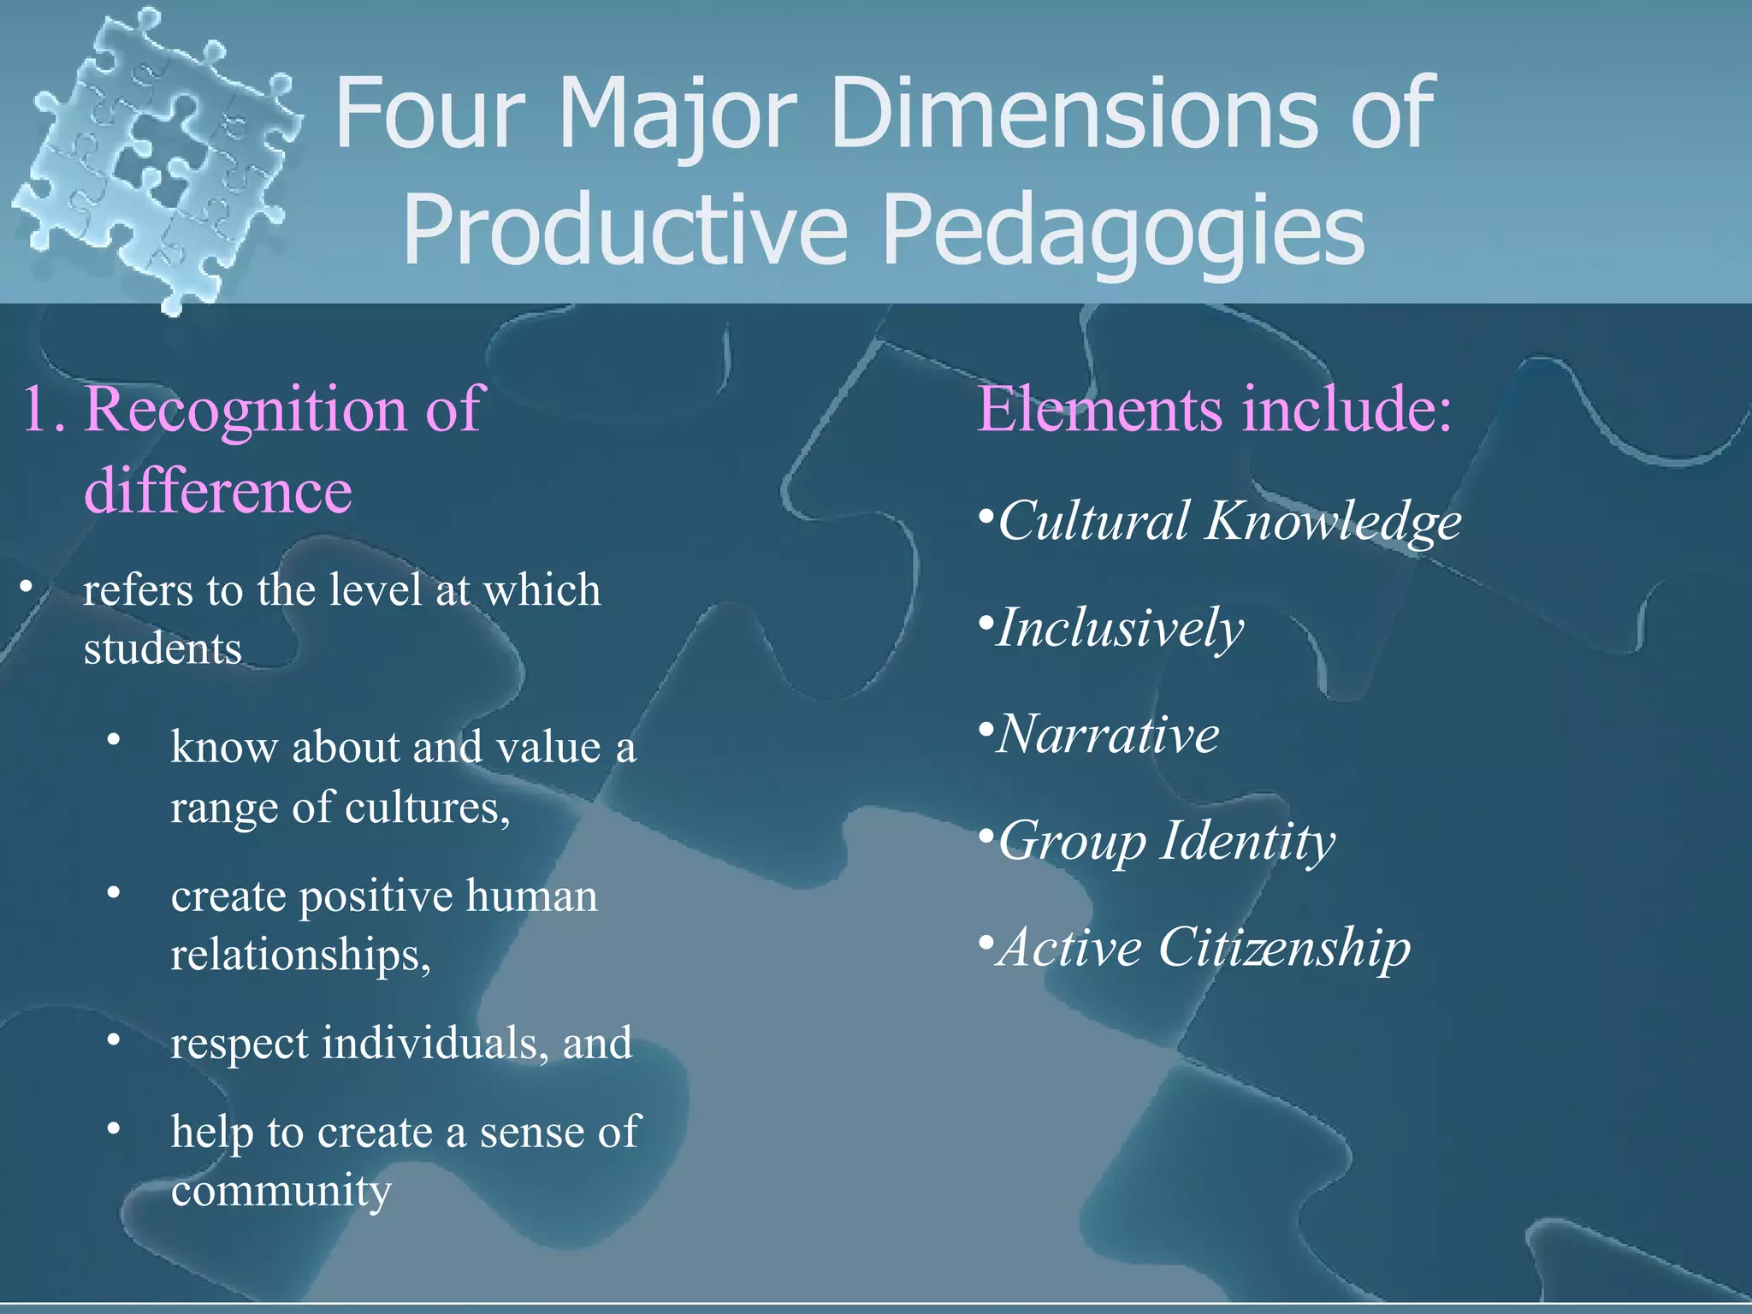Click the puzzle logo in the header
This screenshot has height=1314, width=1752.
click(154, 158)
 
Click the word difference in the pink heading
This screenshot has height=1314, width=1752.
click(218, 491)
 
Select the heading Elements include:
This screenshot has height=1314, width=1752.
click(1214, 409)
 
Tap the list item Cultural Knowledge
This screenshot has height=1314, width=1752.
click(1228, 521)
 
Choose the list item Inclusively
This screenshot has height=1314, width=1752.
click(1120, 628)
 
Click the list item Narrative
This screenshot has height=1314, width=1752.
click(1108, 734)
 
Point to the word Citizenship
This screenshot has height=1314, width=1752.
click(1283, 948)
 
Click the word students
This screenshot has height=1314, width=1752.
click(163, 648)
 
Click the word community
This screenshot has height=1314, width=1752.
click(281, 1190)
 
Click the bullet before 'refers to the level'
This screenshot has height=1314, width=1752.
click(27, 588)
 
